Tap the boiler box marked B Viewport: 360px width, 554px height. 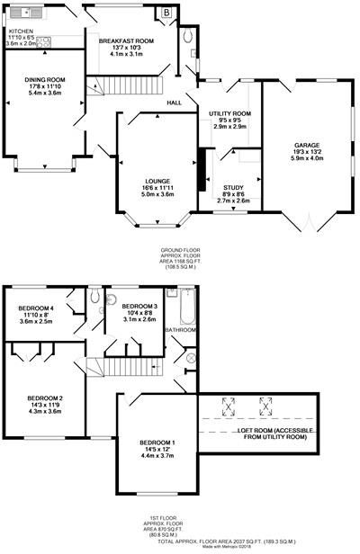(166, 13)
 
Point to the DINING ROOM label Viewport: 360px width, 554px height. (44, 79)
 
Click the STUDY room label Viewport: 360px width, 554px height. (234, 188)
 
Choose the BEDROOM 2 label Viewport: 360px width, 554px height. (44, 398)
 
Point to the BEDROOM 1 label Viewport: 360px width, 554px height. (158, 442)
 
